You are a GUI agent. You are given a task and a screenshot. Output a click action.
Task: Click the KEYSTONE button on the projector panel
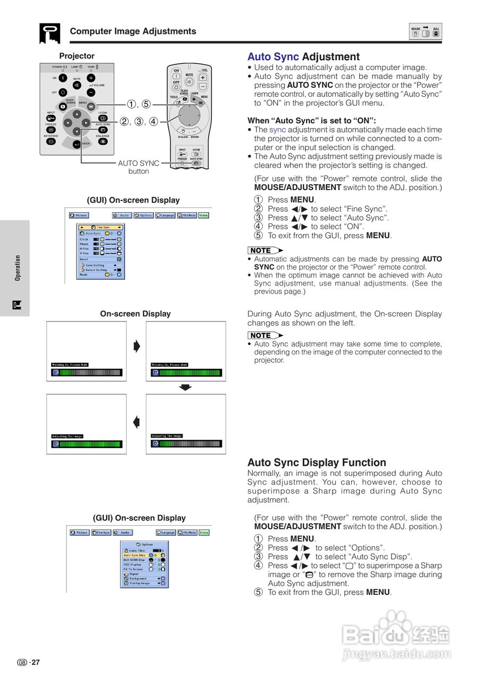[51, 142]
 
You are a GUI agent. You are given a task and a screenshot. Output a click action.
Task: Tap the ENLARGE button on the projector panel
[103, 142]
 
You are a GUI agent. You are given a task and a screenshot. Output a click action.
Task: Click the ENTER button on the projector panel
[77, 144]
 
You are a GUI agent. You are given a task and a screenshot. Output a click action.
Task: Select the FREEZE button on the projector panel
[51, 129]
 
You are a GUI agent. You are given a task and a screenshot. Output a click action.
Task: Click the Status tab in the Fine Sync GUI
[204, 215]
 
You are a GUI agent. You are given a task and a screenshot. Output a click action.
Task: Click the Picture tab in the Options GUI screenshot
[79, 533]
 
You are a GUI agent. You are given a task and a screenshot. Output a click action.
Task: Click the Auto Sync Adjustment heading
[303, 57]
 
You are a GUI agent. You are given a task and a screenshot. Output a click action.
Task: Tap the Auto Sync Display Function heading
[317, 462]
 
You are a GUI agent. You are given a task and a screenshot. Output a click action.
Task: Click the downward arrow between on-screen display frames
[185, 387]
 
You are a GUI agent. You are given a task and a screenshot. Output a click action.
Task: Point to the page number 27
[35, 662]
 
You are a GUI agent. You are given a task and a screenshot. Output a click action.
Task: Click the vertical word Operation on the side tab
[18, 268]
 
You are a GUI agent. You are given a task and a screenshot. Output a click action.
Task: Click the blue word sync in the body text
[277, 130]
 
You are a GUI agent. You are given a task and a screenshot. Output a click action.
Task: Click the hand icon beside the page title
[49, 34]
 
